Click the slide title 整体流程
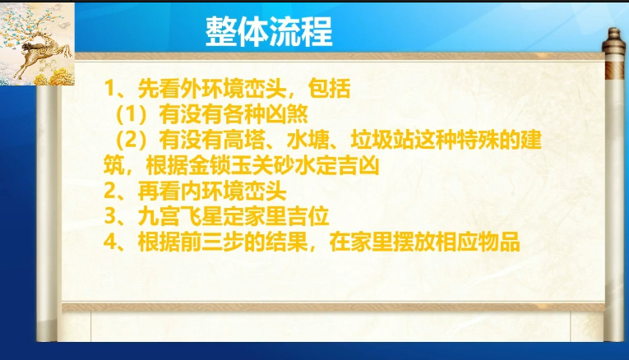(x=269, y=32)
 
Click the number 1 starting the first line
(x=109, y=88)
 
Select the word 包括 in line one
(x=330, y=88)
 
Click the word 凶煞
(x=286, y=114)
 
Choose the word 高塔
(x=244, y=140)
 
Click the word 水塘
(x=308, y=140)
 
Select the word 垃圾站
(x=382, y=140)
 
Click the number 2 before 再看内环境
(x=109, y=192)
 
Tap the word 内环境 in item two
(x=212, y=192)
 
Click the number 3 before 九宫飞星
(x=109, y=217)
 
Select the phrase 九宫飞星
(x=180, y=217)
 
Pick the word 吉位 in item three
(x=308, y=217)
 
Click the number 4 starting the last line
(x=109, y=242)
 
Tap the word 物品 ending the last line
(x=499, y=242)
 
